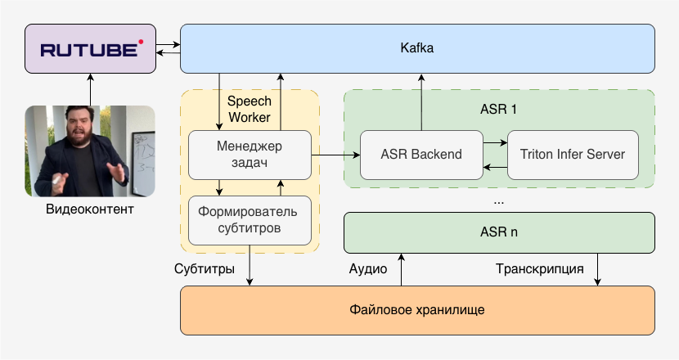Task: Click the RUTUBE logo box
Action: point(89,49)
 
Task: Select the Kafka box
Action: point(417,48)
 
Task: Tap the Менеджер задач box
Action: point(250,155)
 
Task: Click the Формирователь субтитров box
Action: point(250,220)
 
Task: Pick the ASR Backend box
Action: point(421,155)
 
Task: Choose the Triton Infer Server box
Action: point(573,155)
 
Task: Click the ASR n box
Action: point(499,232)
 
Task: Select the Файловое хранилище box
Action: point(417,310)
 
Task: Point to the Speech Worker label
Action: point(249,109)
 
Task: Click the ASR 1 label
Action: point(498,109)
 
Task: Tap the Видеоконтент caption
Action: point(89,210)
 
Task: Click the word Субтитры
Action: point(205,268)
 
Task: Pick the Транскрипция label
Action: point(539,268)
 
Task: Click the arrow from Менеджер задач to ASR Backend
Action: point(335,155)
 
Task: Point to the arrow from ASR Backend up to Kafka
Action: point(421,101)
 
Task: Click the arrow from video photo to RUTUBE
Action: point(89,89)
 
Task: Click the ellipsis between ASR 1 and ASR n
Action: point(499,200)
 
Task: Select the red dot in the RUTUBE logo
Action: point(140,40)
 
